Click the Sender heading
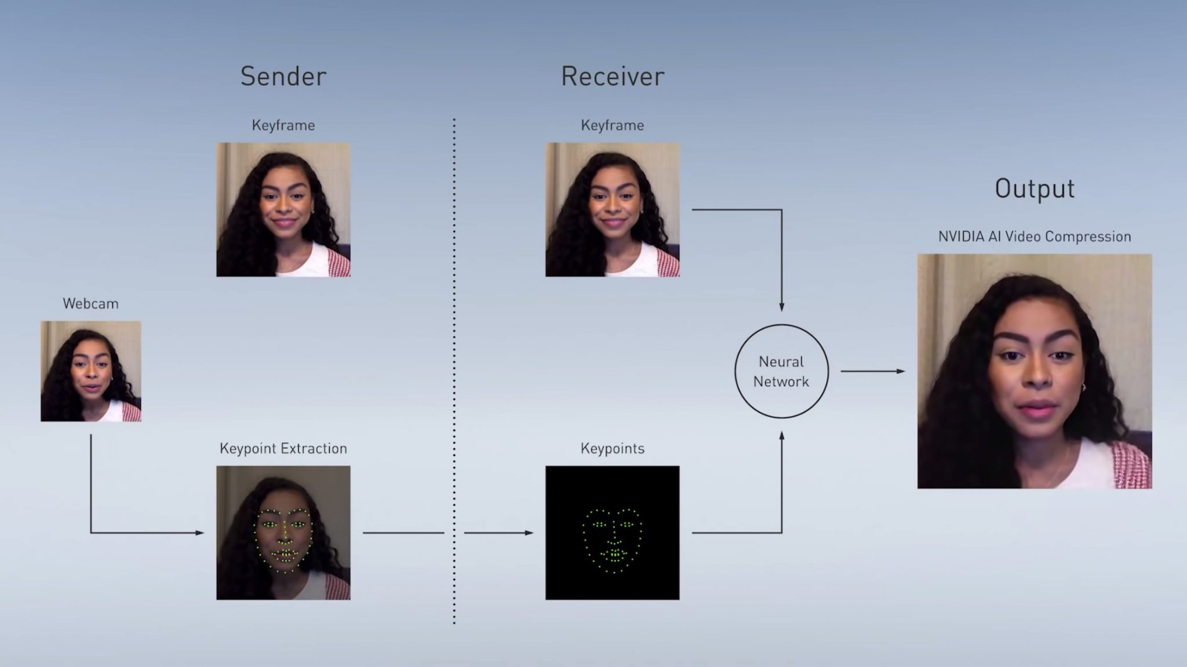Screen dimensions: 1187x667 283,77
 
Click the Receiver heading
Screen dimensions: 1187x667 613,77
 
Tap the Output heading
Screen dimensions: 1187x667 1035,189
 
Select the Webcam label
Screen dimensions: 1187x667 90,303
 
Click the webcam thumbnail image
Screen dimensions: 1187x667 91,371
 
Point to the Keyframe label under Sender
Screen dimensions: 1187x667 283,125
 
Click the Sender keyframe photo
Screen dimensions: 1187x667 283,209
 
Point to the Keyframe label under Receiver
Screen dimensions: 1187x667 613,125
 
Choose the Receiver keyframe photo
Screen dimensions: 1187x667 613,209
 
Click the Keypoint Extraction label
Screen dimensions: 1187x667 283,448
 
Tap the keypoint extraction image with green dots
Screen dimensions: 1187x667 283,532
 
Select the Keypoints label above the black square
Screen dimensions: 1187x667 613,448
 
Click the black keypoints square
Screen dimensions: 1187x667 613,532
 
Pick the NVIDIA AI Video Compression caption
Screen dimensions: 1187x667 1035,237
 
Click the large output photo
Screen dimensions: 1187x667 1035,371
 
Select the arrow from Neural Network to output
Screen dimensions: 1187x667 873,371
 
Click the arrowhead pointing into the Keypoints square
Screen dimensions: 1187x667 529,532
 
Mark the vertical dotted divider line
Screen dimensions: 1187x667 454,371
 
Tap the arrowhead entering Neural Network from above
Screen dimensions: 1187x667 782,307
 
